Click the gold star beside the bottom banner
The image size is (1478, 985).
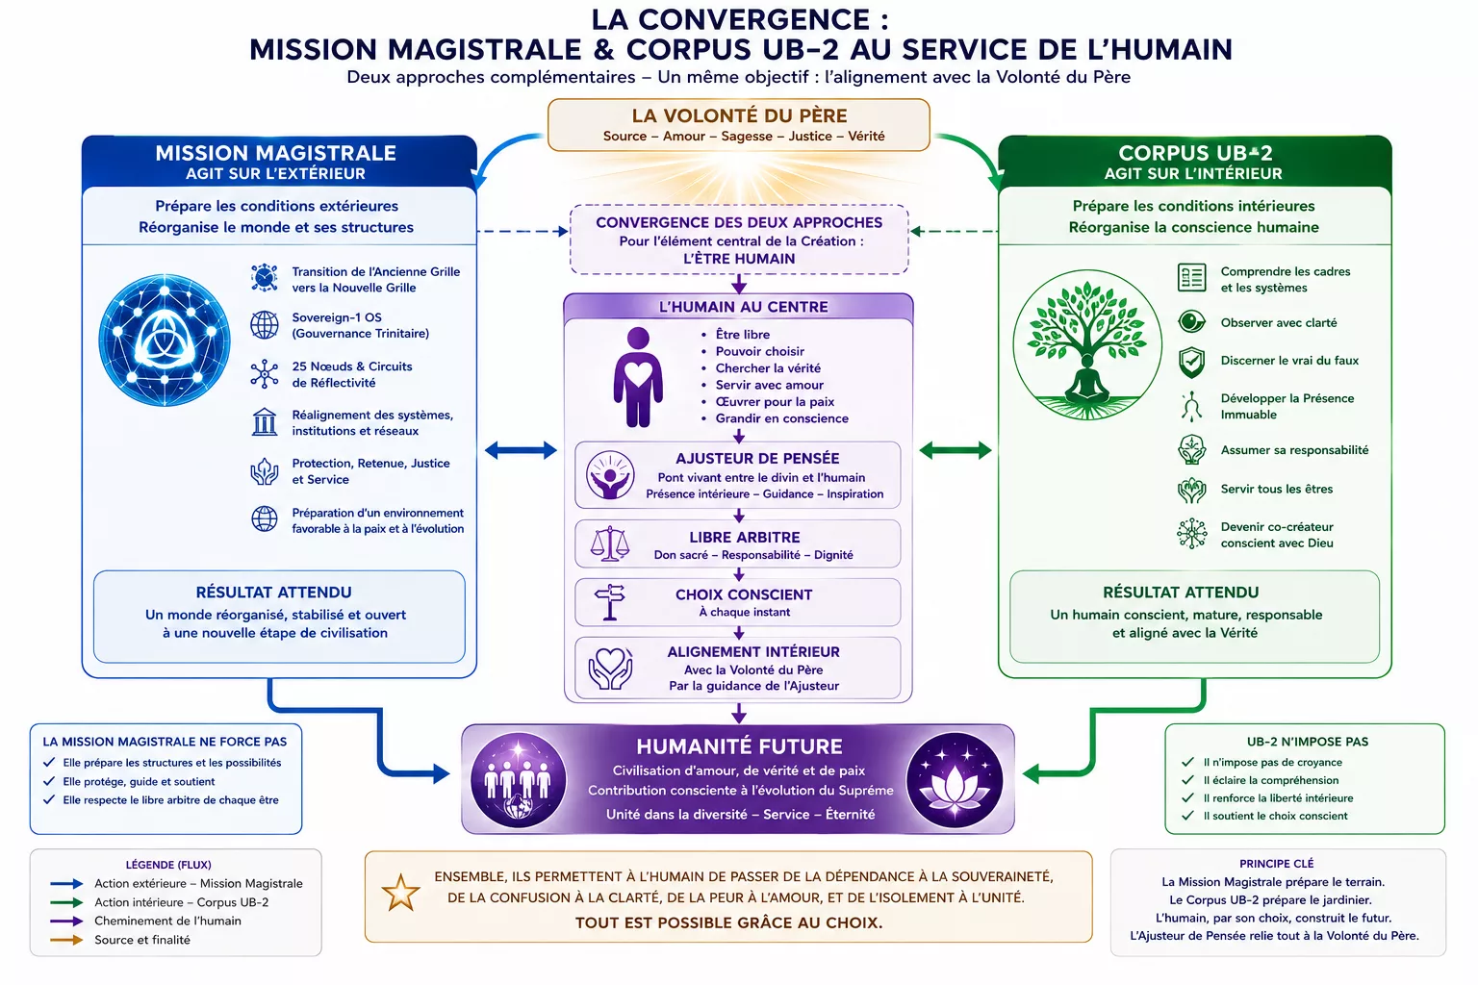coord(400,893)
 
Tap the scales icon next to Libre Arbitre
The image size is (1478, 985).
coord(610,543)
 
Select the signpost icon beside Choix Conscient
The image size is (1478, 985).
coord(610,602)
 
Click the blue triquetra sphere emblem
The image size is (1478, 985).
coord(165,340)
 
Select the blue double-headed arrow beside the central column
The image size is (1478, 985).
coord(521,450)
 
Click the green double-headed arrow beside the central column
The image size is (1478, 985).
coord(956,450)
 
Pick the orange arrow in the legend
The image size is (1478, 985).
coord(66,940)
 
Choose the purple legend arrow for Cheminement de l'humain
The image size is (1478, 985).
coord(66,921)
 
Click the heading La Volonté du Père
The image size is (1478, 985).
coord(739,115)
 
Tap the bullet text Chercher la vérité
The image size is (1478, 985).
coord(768,368)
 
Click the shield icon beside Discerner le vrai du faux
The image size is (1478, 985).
coord(1191,362)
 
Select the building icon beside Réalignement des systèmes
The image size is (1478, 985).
coord(265,421)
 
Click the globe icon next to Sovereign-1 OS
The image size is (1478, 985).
coord(265,325)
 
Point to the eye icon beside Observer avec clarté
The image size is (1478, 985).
coord(1191,322)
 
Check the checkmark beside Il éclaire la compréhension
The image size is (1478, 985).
coord(1187,780)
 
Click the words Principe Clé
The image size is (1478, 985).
coord(1276,864)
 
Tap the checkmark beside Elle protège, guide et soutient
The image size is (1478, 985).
coord(49,781)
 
